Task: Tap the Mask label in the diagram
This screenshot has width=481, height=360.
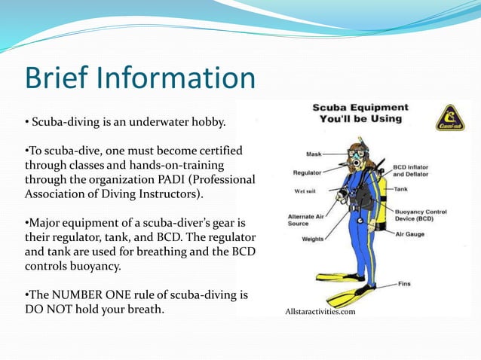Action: click(314, 154)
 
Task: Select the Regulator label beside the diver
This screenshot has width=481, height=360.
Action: click(308, 172)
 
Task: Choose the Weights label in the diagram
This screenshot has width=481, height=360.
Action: click(314, 239)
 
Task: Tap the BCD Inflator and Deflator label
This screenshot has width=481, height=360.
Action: click(413, 169)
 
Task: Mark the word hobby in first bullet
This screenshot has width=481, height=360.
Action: click(207, 121)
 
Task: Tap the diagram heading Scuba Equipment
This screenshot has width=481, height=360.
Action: click(360, 107)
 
